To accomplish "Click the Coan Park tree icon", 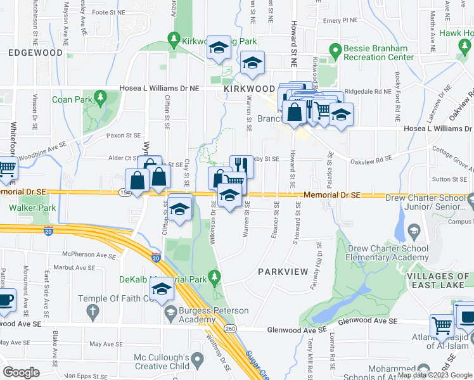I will tap(99, 96).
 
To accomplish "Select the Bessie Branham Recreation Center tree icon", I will tap(335, 49).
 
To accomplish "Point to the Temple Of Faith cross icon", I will tap(93, 310).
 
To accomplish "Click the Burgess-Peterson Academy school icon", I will tap(170, 312).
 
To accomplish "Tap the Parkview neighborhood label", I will tap(283, 271).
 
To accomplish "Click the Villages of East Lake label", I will tap(439, 281).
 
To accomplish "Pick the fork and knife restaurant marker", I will tap(241, 165).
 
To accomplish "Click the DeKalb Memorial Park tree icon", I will tap(214, 276).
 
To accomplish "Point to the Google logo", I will tap(21, 372).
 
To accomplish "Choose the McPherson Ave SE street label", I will tap(89, 255).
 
